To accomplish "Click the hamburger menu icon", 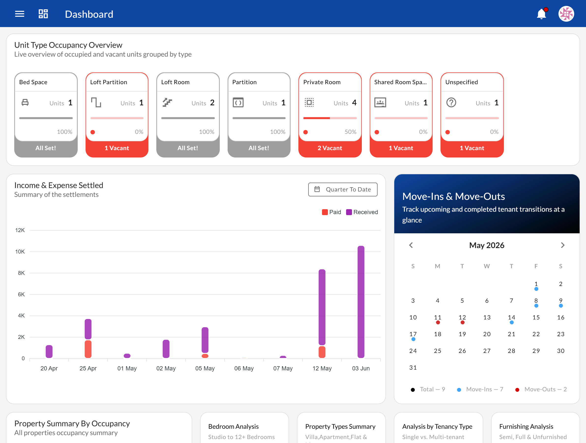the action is pos(20,14).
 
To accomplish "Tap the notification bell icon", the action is pos(541,14).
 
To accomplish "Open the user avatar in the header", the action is pos(566,14).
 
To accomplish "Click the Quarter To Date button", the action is pos(343,190).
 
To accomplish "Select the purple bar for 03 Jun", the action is pos(361,302).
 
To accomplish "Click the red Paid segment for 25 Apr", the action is pos(88,349).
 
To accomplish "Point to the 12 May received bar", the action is pos(322,307).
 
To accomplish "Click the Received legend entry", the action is pos(362,212).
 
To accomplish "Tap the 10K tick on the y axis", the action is pos(20,252).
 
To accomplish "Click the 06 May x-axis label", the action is pos(244,368).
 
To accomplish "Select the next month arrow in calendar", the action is pos(562,245).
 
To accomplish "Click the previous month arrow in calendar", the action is pos(411,245).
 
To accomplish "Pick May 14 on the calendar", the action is pos(511,317).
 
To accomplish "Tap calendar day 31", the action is pos(413,368).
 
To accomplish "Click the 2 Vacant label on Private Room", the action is pos(330,148).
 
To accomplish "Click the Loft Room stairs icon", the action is pos(167,102).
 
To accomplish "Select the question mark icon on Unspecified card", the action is pos(451,102).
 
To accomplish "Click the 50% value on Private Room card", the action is pos(350,132).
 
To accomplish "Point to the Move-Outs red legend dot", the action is pos(517,390).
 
